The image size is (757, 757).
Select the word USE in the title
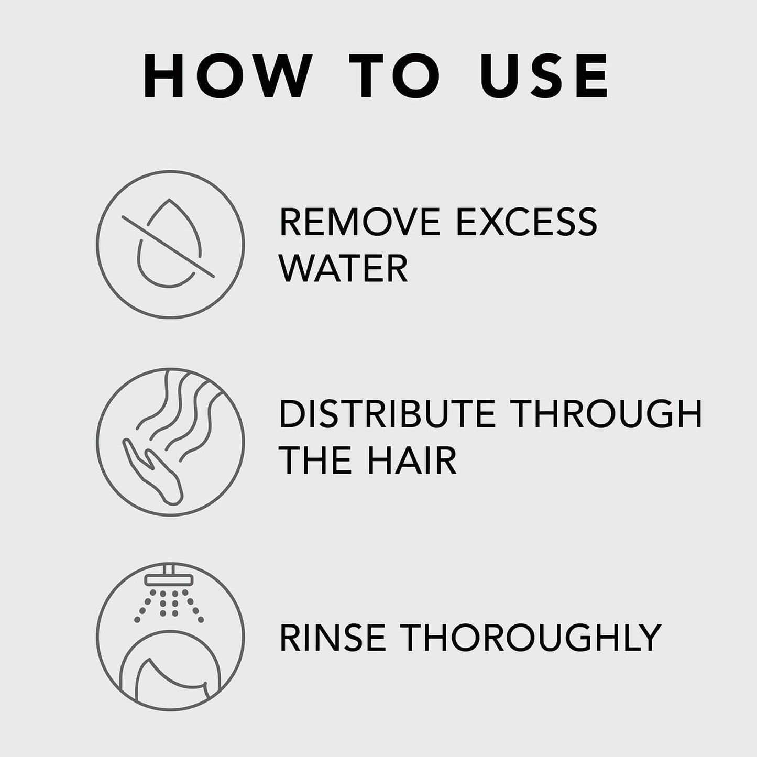(x=545, y=76)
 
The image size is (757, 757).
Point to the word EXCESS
(x=526, y=222)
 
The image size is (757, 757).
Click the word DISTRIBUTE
(x=387, y=414)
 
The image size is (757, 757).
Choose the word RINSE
(x=336, y=638)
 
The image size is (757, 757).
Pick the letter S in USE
(x=545, y=76)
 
